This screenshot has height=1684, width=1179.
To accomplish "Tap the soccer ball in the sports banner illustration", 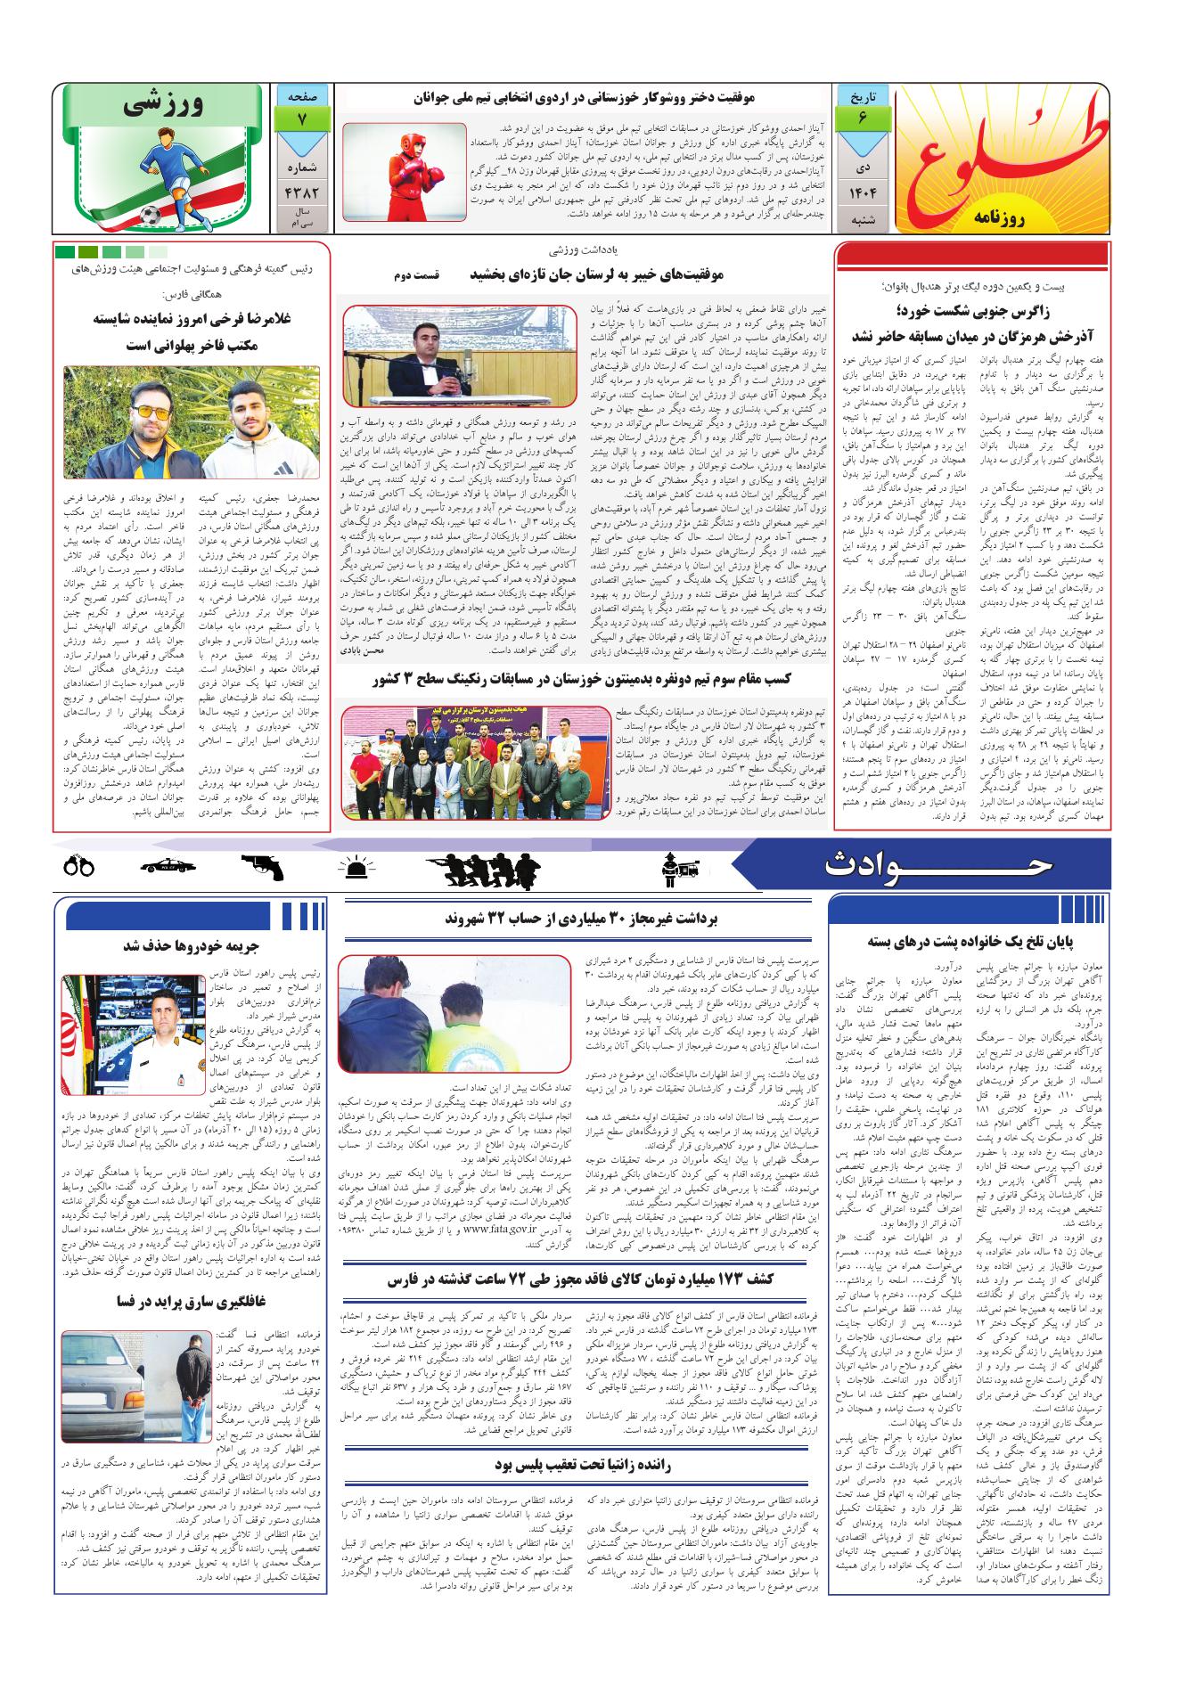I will pos(149,215).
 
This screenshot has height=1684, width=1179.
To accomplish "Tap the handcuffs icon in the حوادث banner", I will pos(79,865).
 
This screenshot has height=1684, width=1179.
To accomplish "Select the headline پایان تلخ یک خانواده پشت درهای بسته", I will pos(968,941).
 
